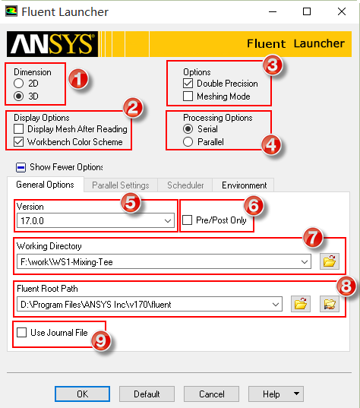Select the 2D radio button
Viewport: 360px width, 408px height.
[19, 84]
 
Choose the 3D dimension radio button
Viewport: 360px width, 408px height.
[19, 96]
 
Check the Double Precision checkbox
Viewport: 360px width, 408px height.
[188, 84]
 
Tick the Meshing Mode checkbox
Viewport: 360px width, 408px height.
[188, 96]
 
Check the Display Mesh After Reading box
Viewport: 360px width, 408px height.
[19, 129]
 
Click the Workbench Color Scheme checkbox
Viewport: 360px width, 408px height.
[19, 142]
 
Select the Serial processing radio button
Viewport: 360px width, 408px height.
[188, 129]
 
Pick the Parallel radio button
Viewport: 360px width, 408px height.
[188, 142]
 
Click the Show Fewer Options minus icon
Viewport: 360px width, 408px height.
[21, 167]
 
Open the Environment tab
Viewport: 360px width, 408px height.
[244, 185]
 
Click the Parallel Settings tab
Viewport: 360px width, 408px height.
[121, 185]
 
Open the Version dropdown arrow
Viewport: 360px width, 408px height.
[168, 221]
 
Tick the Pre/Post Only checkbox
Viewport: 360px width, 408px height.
[188, 220]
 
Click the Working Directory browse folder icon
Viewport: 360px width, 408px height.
[330, 261]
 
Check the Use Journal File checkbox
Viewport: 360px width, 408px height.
[21, 332]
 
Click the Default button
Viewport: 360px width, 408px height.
[147, 394]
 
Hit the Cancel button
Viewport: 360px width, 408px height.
[211, 394]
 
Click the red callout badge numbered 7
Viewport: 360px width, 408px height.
[313, 237]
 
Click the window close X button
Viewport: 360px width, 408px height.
[342, 11]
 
